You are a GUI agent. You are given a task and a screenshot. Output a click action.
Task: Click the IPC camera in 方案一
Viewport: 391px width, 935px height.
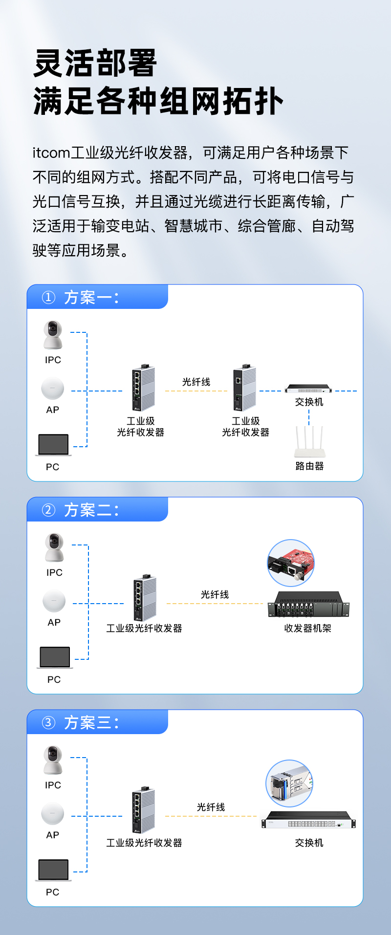53,335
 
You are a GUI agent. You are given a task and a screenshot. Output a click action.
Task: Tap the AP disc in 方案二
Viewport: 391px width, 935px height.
54,601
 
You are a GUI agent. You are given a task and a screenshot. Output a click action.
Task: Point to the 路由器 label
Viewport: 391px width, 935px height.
310,466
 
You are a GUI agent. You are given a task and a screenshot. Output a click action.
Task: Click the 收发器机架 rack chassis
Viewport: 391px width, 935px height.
308,604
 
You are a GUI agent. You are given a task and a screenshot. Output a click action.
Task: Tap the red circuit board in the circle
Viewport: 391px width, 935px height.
291,564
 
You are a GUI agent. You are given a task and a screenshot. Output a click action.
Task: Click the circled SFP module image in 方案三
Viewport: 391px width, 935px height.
289,783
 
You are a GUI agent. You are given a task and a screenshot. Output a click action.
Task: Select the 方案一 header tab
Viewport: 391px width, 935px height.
97,297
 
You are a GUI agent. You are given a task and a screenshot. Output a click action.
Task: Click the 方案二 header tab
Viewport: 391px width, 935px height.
97,509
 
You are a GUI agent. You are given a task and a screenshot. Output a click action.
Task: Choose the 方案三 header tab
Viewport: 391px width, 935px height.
97,722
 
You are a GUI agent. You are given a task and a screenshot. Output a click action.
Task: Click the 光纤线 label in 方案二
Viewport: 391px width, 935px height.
215,594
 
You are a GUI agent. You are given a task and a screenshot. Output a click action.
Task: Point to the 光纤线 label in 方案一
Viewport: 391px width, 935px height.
196,382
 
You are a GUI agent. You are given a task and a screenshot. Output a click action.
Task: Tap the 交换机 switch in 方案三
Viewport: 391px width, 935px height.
308,820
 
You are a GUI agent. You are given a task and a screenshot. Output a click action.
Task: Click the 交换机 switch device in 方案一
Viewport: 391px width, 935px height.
308,389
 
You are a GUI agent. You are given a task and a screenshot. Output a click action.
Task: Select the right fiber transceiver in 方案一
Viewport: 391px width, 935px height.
244,388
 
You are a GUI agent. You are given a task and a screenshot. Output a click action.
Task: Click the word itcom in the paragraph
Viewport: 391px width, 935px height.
51,153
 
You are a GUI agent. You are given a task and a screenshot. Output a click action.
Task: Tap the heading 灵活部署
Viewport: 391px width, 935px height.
95,64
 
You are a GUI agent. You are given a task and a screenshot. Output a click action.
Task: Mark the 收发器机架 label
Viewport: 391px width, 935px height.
308,628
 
